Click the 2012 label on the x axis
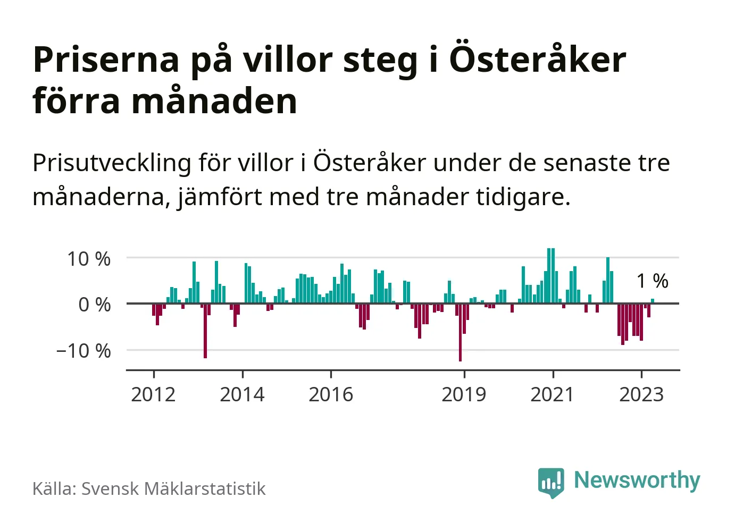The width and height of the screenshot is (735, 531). (153, 394)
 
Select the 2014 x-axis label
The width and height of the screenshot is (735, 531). (242, 394)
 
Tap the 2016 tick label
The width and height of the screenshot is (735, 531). (331, 394)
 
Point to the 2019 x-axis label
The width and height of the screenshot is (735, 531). (464, 394)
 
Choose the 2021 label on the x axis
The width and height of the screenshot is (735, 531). (553, 394)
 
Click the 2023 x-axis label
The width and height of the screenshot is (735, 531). (641, 394)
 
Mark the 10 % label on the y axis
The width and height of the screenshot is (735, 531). (89, 259)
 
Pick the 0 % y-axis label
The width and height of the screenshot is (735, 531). (95, 305)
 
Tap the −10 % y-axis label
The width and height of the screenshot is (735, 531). (83, 351)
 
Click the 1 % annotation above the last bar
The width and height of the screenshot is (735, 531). (653, 281)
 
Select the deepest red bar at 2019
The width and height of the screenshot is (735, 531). (460, 332)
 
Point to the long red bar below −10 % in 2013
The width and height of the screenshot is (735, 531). (205, 331)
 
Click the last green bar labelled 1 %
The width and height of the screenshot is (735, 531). (653, 301)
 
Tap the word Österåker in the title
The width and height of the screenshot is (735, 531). (538, 60)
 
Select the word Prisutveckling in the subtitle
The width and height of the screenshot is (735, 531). (112, 163)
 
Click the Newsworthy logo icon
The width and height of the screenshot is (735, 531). (551, 482)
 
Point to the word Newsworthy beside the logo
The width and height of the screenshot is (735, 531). (637, 481)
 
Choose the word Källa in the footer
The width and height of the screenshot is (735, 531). (54, 488)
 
